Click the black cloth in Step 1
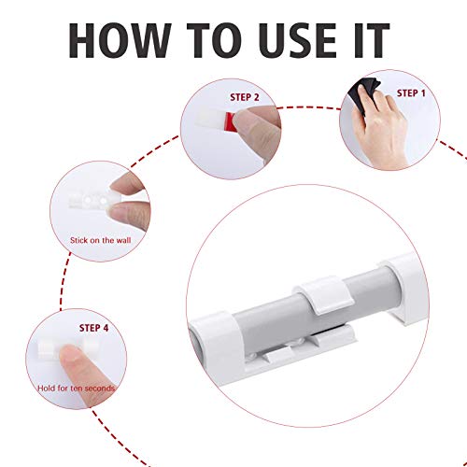366,89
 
